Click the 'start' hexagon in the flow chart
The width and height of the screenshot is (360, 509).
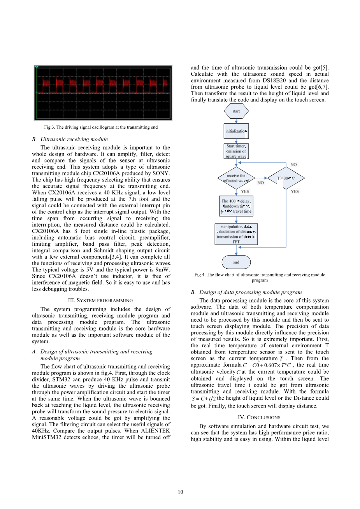(236, 111)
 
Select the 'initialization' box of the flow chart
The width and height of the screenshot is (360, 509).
(236, 131)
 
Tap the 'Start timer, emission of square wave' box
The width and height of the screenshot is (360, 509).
(236, 151)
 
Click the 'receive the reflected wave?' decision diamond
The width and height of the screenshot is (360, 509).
(236, 178)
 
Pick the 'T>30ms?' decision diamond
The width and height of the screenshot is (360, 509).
(286, 178)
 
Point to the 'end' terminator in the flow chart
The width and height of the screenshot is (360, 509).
(236, 262)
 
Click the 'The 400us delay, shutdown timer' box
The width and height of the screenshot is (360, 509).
(236, 206)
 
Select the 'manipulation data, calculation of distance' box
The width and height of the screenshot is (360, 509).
(236, 234)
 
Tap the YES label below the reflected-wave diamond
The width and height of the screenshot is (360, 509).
(245, 191)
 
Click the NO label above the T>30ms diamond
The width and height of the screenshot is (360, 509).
(293, 164)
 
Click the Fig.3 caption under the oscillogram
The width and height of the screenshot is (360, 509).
(101, 127)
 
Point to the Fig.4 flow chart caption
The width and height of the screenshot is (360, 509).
(260, 277)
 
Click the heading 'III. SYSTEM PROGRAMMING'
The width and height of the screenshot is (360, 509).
(100, 301)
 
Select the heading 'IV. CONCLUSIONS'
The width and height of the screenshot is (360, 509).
(259, 418)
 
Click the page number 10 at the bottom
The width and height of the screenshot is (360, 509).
(180, 492)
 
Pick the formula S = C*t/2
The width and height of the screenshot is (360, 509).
(204, 399)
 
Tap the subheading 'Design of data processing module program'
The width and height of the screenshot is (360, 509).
(250, 292)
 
